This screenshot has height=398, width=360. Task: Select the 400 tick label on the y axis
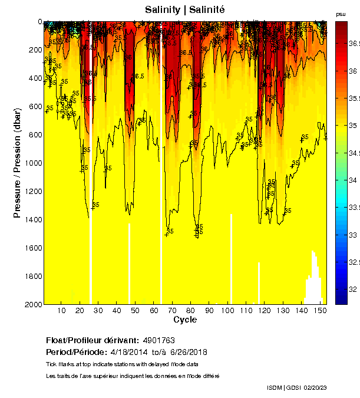pos(35,78)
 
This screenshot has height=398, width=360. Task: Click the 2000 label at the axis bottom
pos(32,304)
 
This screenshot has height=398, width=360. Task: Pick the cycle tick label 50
pos(135,311)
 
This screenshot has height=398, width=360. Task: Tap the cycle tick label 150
pos(319,311)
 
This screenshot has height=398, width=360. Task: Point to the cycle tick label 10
pos(61,311)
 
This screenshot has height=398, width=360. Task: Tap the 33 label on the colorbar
pos(352,235)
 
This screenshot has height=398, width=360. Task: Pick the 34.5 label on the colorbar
pos(354,153)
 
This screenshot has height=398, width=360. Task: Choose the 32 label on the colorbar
pos(352,290)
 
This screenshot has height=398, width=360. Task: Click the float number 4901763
pos(158,341)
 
